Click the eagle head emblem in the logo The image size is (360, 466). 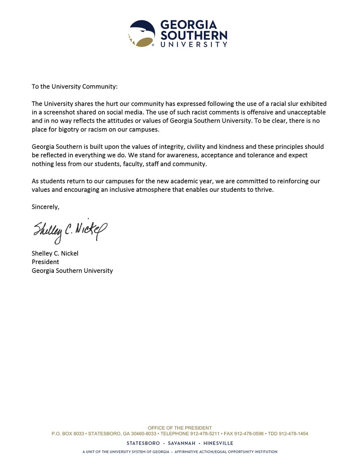click(142, 34)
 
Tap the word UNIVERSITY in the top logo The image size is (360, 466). click(194, 44)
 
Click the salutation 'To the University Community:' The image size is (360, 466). click(75, 86)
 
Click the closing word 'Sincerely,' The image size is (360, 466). click(45, 207)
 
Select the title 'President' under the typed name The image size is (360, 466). click(45, 262)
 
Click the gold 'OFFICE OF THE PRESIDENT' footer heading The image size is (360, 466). click(180, 428)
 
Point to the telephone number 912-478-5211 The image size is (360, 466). click(205, 434)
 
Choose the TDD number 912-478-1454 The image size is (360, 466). click(294, 434)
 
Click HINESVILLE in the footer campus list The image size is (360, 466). click(218, 443)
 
